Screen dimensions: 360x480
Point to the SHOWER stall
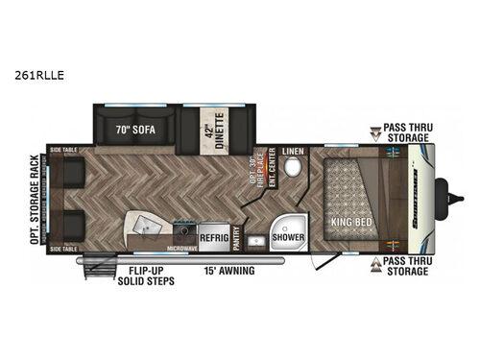tap(287, 236)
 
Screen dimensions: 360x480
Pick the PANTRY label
tap(235, 234)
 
